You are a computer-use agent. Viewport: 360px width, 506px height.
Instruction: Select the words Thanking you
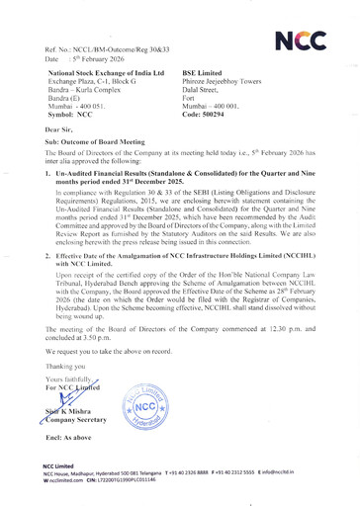click(59, 390)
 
